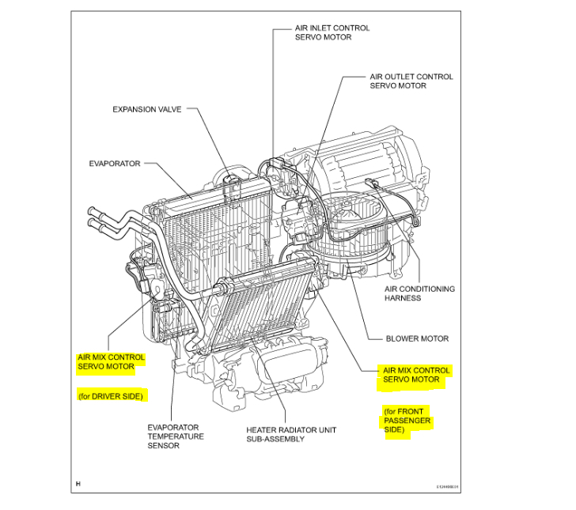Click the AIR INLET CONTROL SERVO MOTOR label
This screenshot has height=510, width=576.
(x=332, y=32)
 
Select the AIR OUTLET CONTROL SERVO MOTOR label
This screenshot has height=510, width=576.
(x=411, y=81)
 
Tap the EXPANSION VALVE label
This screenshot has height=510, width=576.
(x=146, y=109)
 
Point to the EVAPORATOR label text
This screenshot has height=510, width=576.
(x=115, y=164)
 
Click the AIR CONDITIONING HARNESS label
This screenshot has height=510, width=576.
(x=419, y=293)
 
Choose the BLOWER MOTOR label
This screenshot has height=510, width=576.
(x=417, y=338)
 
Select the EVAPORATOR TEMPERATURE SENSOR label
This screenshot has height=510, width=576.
(x=175, y=436)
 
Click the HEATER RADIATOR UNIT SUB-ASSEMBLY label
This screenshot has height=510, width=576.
(x=290, y=434)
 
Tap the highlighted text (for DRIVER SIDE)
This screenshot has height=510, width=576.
(x=111, y=396)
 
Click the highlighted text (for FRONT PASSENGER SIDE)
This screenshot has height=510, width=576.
(x=407, y=421)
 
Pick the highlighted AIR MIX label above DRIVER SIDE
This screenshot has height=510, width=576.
(x=111, y=362)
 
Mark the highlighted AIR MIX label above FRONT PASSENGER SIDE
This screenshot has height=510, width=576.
(x=416, y=375)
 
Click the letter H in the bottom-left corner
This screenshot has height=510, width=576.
(x=78, y=483)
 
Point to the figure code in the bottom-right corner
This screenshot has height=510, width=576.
(x=447, y=487)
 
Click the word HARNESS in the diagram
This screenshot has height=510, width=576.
(x=403, y=298)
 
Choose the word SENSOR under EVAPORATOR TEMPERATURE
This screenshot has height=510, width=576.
(x=163, y=445)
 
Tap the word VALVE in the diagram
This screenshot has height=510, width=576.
(x=168, y=109)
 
